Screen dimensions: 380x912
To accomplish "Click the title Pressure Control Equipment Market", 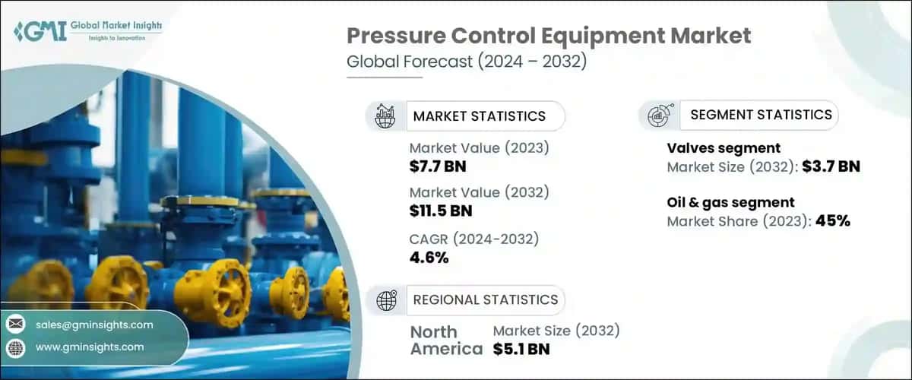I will tap(549, 35).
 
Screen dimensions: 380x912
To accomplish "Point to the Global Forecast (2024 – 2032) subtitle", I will tap(466, 62).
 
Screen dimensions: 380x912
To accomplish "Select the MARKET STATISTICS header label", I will tap(479, 116).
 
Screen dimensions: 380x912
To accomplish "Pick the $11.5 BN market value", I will tap(442, 211).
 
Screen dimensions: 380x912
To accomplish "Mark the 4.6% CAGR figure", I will tap(429, 257).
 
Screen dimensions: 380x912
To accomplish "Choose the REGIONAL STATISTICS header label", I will tap(485, 299).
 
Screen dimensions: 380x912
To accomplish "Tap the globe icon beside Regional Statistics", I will tap(386, 300).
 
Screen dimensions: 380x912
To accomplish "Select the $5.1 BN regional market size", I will tap(521, 349).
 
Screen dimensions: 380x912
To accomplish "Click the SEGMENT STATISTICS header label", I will tap(761, 115).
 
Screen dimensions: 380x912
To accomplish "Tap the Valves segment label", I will tap(724, 148).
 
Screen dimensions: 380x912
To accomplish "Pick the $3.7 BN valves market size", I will tap(831, 166).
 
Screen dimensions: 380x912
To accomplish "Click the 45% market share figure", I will tap(832, 221).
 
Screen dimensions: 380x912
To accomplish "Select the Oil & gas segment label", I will tap(730, 202).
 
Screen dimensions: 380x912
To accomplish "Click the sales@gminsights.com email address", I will tap(94, 325).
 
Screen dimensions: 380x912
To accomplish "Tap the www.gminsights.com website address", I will tap(90, 347).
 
